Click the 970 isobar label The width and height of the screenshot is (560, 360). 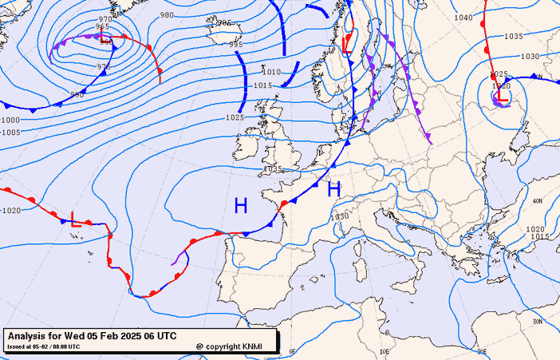(x=105, y=18)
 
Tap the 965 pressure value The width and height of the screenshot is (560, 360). (x=102, y=26)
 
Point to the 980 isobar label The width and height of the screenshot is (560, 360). (x=167, y=15)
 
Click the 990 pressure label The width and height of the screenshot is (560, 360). (x=77, y=94)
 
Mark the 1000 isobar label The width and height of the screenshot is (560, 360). (x=10, y=120)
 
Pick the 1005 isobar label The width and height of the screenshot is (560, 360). (x=10, y=133)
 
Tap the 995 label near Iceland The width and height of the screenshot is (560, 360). (x=236, y=45)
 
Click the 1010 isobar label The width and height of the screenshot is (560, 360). (x=272, y=72)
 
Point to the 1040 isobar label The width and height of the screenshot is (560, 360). (x=463, y=18)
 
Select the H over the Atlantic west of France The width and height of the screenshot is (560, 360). (x=240, y=206)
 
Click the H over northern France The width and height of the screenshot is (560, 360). (x=334, y=189)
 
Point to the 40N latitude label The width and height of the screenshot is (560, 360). (x=537, y=201)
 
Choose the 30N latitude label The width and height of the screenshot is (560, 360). (x=537, y=322)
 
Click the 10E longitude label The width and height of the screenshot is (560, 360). (x=385, y=351)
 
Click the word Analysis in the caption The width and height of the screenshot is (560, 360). (x=31, y=337)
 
